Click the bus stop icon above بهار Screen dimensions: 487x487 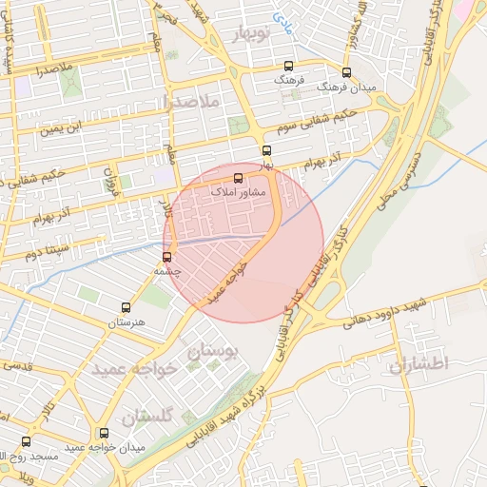(x=266, y=150)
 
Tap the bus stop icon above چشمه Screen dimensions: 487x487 (x=167, y=257)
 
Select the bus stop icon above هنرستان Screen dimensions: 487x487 (x=126, y=307)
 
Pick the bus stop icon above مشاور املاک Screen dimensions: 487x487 (x=238, y=178)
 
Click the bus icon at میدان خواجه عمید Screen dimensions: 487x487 (x=104, y=434)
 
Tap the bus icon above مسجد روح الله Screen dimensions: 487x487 (x=26, y=441)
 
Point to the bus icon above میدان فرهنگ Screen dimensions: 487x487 (x=345, y=72)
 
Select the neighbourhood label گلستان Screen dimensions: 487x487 (x=149, y=416)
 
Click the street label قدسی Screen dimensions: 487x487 (x=17, y=366)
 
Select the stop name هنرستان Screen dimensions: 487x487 (x=127, y=323)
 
